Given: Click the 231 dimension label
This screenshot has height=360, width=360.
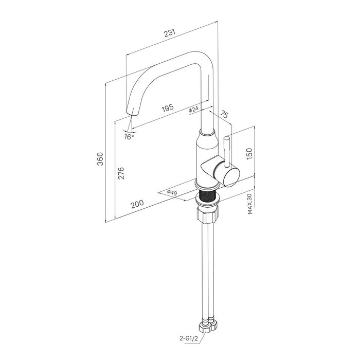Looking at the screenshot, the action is coord(170,33).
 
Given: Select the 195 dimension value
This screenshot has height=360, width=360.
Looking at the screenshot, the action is coord(168,107).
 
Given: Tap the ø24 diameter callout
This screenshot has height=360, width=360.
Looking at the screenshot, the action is coord(193,109).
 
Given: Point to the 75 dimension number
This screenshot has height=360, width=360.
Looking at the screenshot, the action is coord(224,114).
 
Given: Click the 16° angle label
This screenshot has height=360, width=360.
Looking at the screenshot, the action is coord(129,137).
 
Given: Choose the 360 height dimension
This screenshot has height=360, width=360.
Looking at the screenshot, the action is coord(100,159).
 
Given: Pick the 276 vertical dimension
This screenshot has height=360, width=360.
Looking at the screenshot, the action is coord(121,173).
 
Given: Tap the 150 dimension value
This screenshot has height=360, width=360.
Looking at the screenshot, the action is coord(249,154).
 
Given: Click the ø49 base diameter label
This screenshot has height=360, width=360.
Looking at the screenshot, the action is coord(172,192).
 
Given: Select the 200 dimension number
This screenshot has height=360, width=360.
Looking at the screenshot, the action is coord(137,204).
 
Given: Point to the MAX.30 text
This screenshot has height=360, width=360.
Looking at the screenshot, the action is coord(250,204).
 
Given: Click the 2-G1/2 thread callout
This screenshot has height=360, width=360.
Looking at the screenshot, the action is coord(189,338).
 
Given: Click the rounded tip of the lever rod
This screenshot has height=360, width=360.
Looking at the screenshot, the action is coord(226,138).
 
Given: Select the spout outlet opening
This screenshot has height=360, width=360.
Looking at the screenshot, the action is coord(133,113).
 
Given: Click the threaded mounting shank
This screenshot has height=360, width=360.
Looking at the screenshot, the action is coord(208,195).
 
